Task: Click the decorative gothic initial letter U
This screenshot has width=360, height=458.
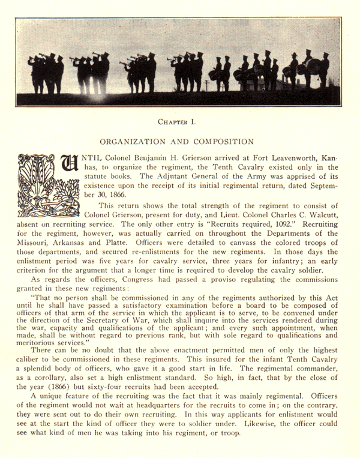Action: click(67, 167)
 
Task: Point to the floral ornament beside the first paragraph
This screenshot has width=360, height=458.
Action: click(34, 192)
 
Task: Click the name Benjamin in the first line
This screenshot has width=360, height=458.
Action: click(140, 156)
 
